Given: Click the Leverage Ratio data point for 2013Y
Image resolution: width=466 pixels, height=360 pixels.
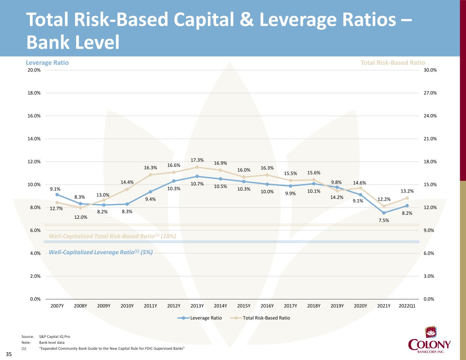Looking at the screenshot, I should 197,176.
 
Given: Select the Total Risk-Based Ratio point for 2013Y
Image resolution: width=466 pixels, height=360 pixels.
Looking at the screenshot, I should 197,167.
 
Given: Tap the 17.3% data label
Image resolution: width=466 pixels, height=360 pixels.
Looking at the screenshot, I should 197,160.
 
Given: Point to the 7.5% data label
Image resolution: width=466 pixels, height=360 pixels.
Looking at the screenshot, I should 384,220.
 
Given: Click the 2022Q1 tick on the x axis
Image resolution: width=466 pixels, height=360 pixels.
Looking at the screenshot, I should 407,306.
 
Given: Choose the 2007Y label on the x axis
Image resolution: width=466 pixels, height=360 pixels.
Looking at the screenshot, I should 57,306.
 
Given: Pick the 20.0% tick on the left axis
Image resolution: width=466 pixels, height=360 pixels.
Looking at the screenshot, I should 34,70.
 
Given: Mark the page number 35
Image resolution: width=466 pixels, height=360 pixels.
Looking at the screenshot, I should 9,355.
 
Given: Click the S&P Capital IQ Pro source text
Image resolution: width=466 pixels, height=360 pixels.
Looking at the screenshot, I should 55,336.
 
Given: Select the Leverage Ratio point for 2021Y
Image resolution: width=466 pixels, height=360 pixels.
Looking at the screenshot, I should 384,213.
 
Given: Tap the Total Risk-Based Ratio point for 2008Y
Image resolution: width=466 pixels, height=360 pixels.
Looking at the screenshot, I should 80,207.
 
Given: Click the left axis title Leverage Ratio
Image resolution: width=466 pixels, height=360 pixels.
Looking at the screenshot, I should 47,63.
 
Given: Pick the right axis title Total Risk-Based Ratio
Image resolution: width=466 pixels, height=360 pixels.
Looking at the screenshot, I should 393,63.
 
